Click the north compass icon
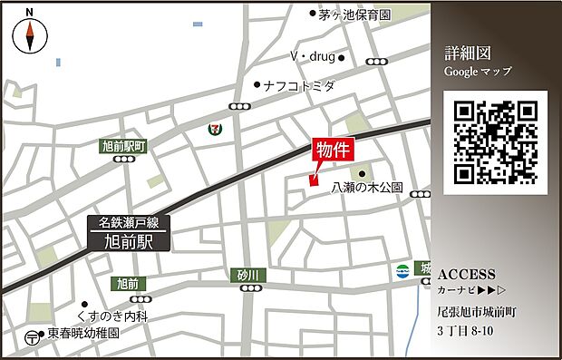[x=31, y=35]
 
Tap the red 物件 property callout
[x=333, y=151]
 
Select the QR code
[x=496, y=141]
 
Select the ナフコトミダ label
[x=299, y=86]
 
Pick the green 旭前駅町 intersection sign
[x=122, y=144]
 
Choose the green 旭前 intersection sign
[x=128, y=284]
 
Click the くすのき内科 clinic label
[x=126, y=315]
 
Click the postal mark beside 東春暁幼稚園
[x=33, y=336]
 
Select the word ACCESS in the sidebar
[x=466, y=274]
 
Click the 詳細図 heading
[x=467, y=52]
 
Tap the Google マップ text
[x=478, y=71]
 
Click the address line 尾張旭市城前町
[x=476, y=311]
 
